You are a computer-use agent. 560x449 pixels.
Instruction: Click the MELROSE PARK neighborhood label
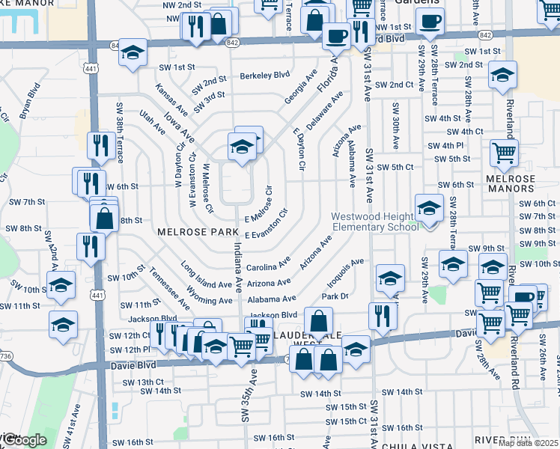tap(197, 232)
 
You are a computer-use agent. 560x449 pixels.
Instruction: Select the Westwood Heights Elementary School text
tap(375, 222)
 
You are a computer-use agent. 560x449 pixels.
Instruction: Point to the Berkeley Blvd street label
tap(264, 75)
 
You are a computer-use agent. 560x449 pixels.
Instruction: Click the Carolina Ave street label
tap(268, 265)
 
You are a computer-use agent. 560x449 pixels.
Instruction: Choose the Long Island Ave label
tap(207, 275)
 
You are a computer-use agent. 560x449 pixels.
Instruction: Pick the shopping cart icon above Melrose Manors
tap(504, 152)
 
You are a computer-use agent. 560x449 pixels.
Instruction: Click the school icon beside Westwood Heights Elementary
tap(429, 207)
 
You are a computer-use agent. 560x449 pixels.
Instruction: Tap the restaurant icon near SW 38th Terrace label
tap(100, 144)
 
